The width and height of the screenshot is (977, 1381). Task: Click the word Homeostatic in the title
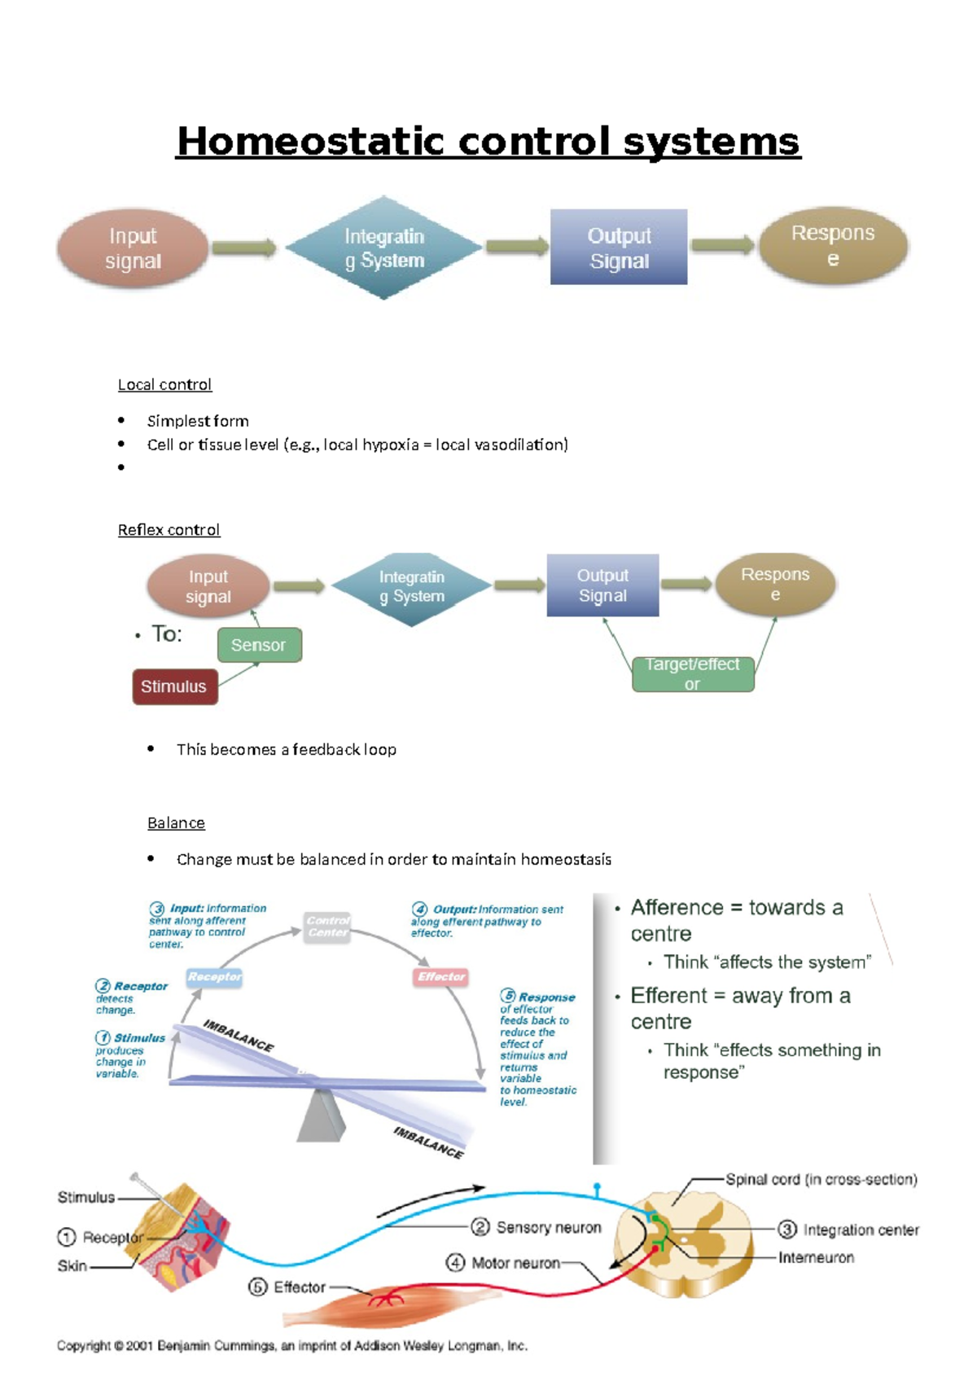point(310,142)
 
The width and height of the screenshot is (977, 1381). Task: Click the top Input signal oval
point(133,248)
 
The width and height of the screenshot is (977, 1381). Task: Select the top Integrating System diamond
point(384,248)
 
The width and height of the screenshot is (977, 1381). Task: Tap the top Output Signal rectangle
point(619,248)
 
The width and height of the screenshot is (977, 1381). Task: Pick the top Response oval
point(832,246)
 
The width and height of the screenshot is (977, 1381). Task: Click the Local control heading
point(164,384)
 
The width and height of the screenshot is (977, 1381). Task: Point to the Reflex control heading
point(169,530)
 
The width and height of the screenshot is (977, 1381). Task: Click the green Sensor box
point(259,645)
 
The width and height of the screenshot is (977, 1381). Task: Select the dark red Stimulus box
point(174,686)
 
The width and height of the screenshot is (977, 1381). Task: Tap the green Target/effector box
point(693,674)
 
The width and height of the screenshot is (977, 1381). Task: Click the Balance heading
point(176,823)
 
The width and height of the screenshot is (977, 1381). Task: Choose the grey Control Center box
point(327,927)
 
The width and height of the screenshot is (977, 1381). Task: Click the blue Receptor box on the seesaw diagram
point(214,976)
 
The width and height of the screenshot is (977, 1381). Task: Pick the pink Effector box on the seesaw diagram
point(441,976)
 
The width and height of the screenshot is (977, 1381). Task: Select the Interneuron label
point(816,1258)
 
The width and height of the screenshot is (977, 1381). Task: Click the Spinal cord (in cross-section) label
point(821,1179)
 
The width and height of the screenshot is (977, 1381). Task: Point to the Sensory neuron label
point(548,1227)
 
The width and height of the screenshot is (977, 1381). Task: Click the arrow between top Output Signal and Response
point(723,245)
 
